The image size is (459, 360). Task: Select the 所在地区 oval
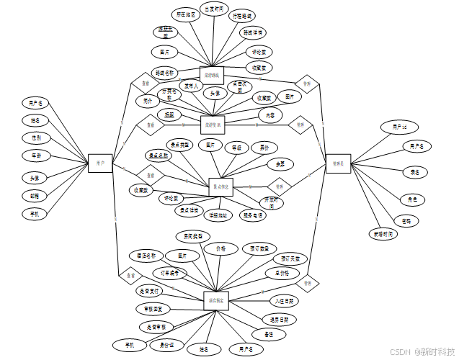[185, 14]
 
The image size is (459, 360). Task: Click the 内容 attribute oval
[270, 114]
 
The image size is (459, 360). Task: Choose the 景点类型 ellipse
[179, 145]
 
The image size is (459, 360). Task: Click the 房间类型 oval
[193, 236]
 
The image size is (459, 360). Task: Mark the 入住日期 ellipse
[283, 301]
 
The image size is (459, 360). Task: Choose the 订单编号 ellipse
[171, 273]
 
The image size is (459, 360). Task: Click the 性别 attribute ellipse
[36, 138]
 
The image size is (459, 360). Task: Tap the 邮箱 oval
[35, 196]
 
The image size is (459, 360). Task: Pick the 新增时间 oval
[383, 234]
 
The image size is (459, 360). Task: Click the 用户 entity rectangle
[100, 163]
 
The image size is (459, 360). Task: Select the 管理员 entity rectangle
[338, 163]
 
